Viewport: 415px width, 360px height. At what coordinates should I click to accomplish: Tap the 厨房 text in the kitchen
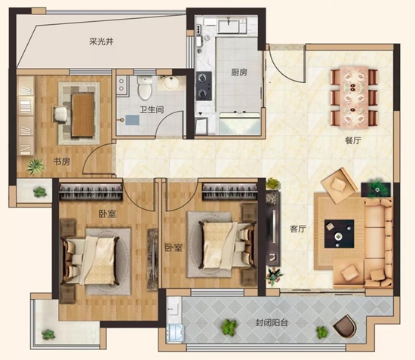pyautogui.click(x=240, y=73)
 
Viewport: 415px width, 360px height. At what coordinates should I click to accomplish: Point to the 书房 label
pyautogui.click(x=62, y=162)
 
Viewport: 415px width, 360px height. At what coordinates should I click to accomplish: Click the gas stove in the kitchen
pyautogui.click(x=204, y=87)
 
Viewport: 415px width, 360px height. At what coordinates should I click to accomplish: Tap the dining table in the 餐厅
pyautogui.click(x=353, y=96)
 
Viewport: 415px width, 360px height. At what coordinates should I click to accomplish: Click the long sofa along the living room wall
pyautogui.click(x=377, y=242)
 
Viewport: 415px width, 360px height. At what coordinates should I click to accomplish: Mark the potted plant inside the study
pyautogui.click(x=34, y=166)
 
